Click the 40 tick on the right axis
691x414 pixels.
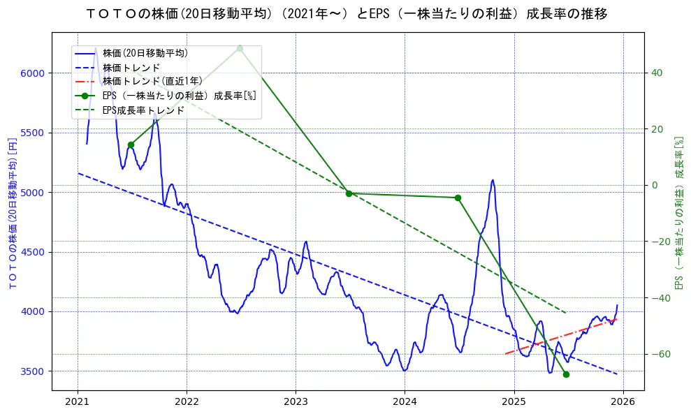click(x=657, y=73)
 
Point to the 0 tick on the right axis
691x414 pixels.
click(x=655, y=185)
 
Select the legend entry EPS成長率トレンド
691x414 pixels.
click(x=143, y=110)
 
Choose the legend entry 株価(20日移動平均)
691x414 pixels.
click(x=145, y=52)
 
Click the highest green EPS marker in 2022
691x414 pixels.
click(x=240, y=48)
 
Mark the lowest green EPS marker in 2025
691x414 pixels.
click(x=566, y=374)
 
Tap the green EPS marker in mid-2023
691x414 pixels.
click(x=349, y=193)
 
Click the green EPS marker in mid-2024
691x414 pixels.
click(x=458, y=198)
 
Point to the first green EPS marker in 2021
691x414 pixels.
click(x=131, y=145)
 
